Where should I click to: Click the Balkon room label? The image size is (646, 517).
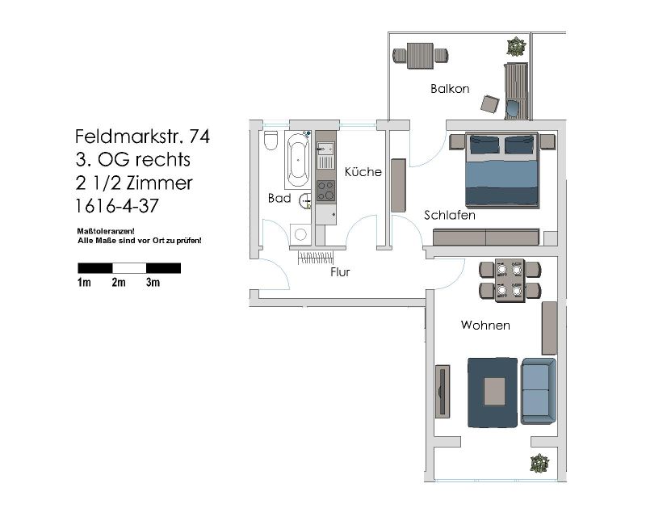(x=450, y=89)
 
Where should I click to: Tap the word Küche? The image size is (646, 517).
(x=363, y=171)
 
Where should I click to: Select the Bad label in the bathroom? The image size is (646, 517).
(x=279, y=198)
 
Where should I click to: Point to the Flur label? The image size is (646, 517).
(x=340, y=271)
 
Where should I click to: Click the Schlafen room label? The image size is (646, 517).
(x=450, y=215)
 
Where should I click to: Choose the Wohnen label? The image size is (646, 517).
(x=485, y=326)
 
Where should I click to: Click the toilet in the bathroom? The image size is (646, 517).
(x=271, y=141)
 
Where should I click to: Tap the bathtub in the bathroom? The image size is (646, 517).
(x=297, y=160)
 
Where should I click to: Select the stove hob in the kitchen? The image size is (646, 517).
(x=325, y=191)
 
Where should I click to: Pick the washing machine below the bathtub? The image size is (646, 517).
(x=300, y=234)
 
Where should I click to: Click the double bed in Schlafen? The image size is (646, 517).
(x=502, y=170)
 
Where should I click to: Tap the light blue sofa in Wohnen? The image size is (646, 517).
(x=538, y=391)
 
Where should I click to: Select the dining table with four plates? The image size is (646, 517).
(x=510, y=280)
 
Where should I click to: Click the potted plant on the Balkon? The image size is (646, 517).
(x=516, y=47)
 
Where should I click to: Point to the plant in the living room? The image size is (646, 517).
(x=539, y=464)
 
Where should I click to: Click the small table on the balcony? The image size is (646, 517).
(x=420, y=56)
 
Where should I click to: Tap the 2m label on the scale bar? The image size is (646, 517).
(x=118, y=283)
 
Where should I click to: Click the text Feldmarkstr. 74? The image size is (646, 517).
(x=143, y=137)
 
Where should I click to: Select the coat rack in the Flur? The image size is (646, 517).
(x=315, y=258)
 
